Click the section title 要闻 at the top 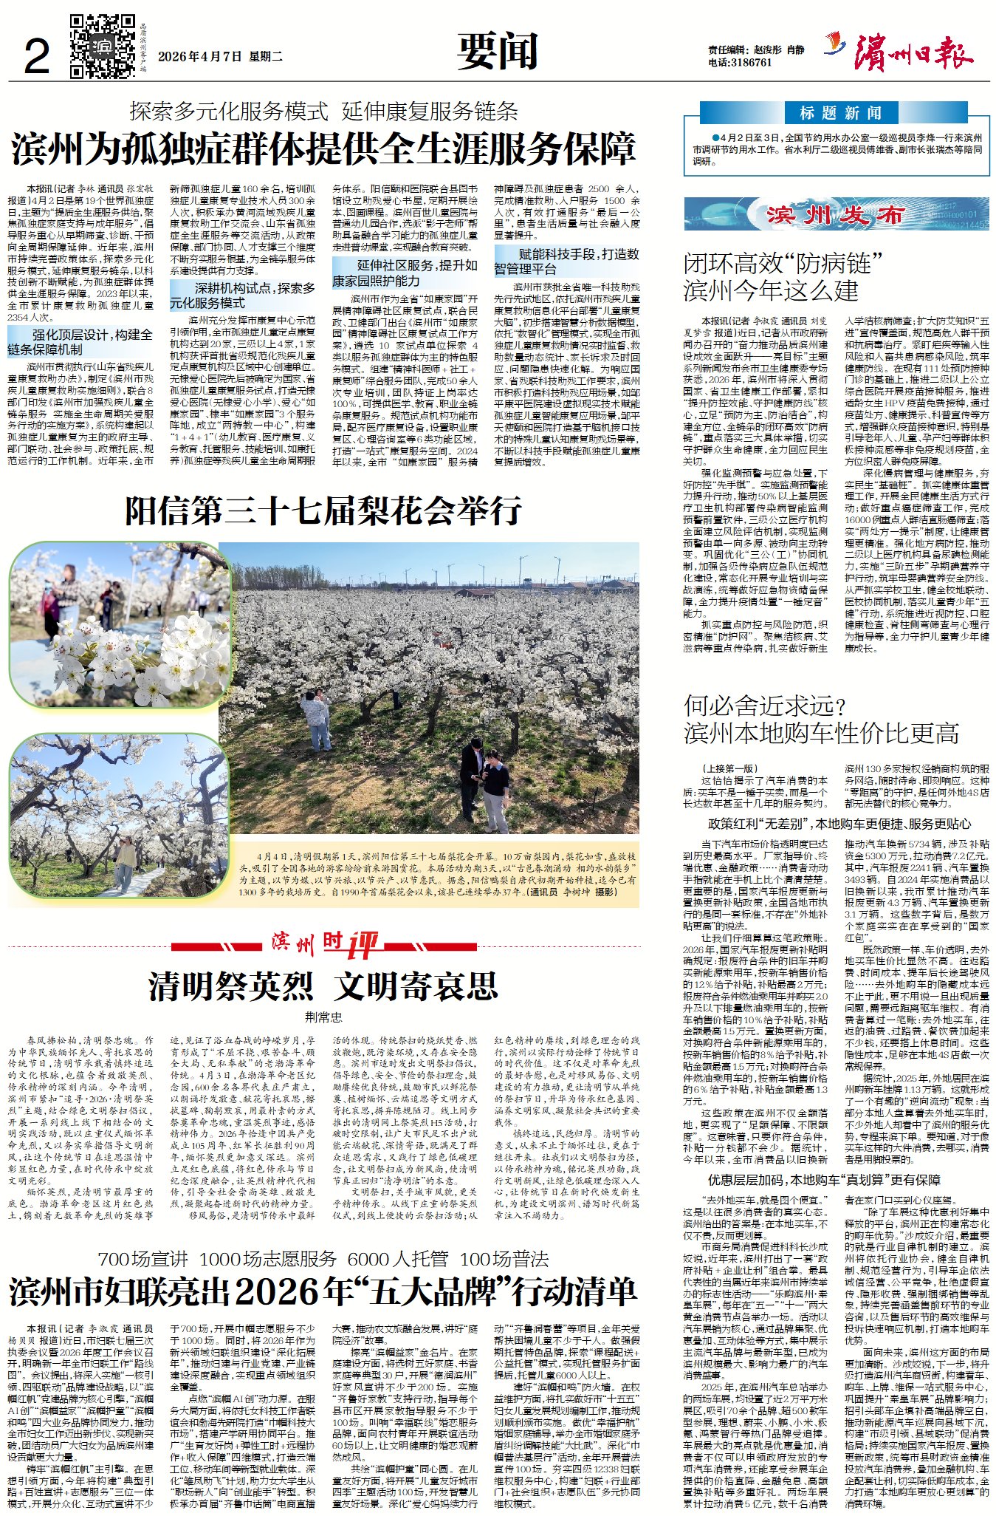pyautogui.click(x=497, y=51)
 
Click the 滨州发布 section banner pyautogui.click(x=836, y=214)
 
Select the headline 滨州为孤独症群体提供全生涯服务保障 pyautogui.click(x=323, y=149)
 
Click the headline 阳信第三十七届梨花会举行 pyautogui.click(x=323, y=510)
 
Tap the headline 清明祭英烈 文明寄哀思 pyautogui.click(x=323, y=986)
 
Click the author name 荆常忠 pyautogui.click(x=323, y=1017)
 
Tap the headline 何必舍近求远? pyautogui.click(x=764, y=706)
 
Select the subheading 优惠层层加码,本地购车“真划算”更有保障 pyautogui.click(x=824, y=1180)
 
